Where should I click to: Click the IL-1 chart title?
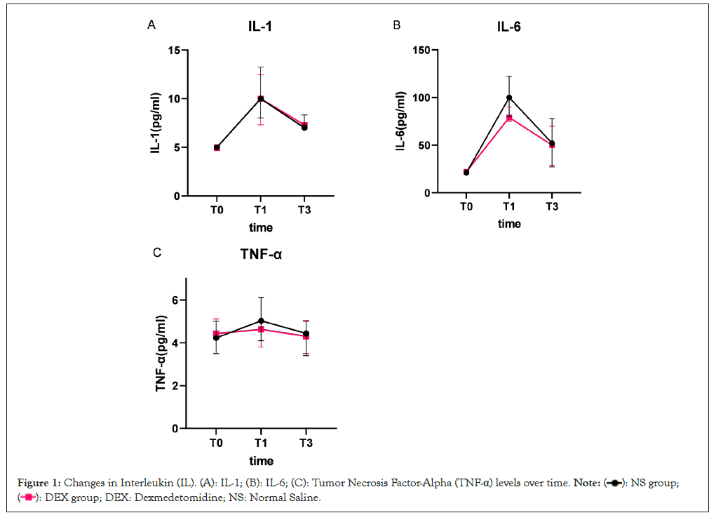[x=260, y=27]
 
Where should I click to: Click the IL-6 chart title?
[x=508, y=27]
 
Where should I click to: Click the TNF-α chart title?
[x=261, y=254]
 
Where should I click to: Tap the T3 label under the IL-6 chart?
[x=552, y=207]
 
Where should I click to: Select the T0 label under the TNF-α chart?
[x=216, y=443]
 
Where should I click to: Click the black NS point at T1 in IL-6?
[x=509, y=98]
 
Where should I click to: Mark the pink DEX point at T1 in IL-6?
[x=509, y=118]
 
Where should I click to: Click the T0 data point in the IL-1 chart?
[x=217, y=147]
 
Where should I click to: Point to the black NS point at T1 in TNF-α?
[x=261, y=321]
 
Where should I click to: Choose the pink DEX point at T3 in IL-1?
[x=304, y=125]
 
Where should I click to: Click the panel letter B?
[x=397, y=25]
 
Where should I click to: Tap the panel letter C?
[x=157, y=252]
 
